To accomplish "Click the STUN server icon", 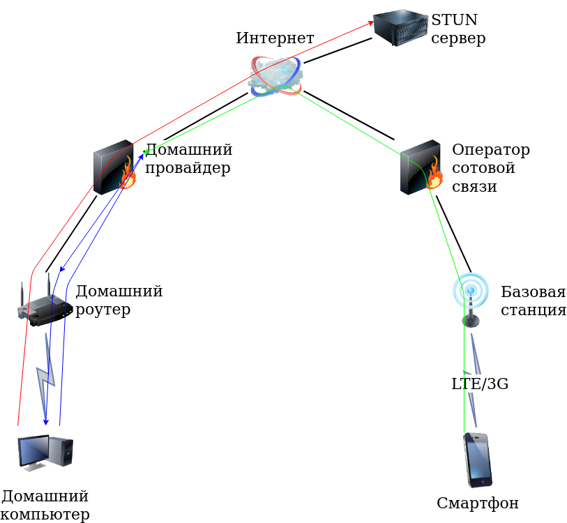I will pyautogui.click(x=400, y=26).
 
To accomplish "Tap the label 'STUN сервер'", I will pyautogui.click(x=458, y=29).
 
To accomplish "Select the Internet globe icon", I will pyautogui.click(x=275, y=75).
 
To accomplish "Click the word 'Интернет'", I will pyautogui.click(x=275, y=38).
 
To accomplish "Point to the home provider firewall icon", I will pyautogui.click(x=114, y=167).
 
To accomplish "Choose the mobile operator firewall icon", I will pyautogui.click(x=421, y=167).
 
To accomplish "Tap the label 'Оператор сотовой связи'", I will pyautogui.click(x=490, y=168).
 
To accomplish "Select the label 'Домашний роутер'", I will pyautogui.click(x=119, y=300).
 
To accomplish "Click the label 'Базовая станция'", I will pyautogui.click(x=533, y=301).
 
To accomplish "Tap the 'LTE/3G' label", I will pyautogui.click(x=479, y=383).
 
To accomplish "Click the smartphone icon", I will pyautogui.click(x=478, y=460).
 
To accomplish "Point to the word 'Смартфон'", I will pyautogui.click(x=478, y=503).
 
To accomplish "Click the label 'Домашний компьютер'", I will pyautogui.click(x=45, y=506).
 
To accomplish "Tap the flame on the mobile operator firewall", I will pyautogui.click(x=434, y=175).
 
